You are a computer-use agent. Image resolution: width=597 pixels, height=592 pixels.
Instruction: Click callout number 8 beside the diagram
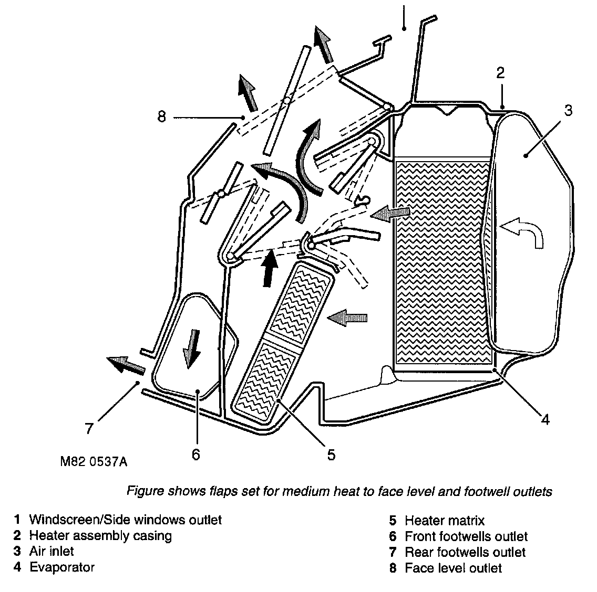(x=161, y=117)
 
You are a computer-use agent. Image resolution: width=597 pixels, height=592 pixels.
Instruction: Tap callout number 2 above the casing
(x=501, y=73)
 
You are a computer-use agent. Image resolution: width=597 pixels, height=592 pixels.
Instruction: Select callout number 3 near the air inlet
(x=568, y=111)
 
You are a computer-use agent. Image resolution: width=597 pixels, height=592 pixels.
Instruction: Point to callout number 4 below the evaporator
(x=545, y=419)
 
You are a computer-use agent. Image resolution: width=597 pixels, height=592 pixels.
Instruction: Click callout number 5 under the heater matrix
(x=331, y=454)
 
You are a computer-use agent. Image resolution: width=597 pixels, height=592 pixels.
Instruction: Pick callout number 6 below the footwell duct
(x=195, y=454)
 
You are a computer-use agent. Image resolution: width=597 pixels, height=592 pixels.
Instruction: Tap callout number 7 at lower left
(x=89, y=429)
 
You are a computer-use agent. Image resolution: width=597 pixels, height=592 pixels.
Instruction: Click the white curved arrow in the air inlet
(x=523, y=231)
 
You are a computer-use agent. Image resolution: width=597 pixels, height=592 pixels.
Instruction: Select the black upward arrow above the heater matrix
(x=270, y=267)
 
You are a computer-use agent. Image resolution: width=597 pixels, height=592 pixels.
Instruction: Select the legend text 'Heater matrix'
(x=444, y=521)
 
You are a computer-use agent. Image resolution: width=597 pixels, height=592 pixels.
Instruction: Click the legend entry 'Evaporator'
(x=61, y=567)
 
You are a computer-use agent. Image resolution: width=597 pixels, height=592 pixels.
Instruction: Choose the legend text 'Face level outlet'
(x=453, y=568)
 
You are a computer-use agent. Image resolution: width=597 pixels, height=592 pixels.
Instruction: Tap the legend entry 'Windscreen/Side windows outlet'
(x=125, y=520)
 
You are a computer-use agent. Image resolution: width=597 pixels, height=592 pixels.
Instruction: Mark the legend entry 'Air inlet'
(x=52, y=552)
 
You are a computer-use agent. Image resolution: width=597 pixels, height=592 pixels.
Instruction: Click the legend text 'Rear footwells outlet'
(x=465, y=552)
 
